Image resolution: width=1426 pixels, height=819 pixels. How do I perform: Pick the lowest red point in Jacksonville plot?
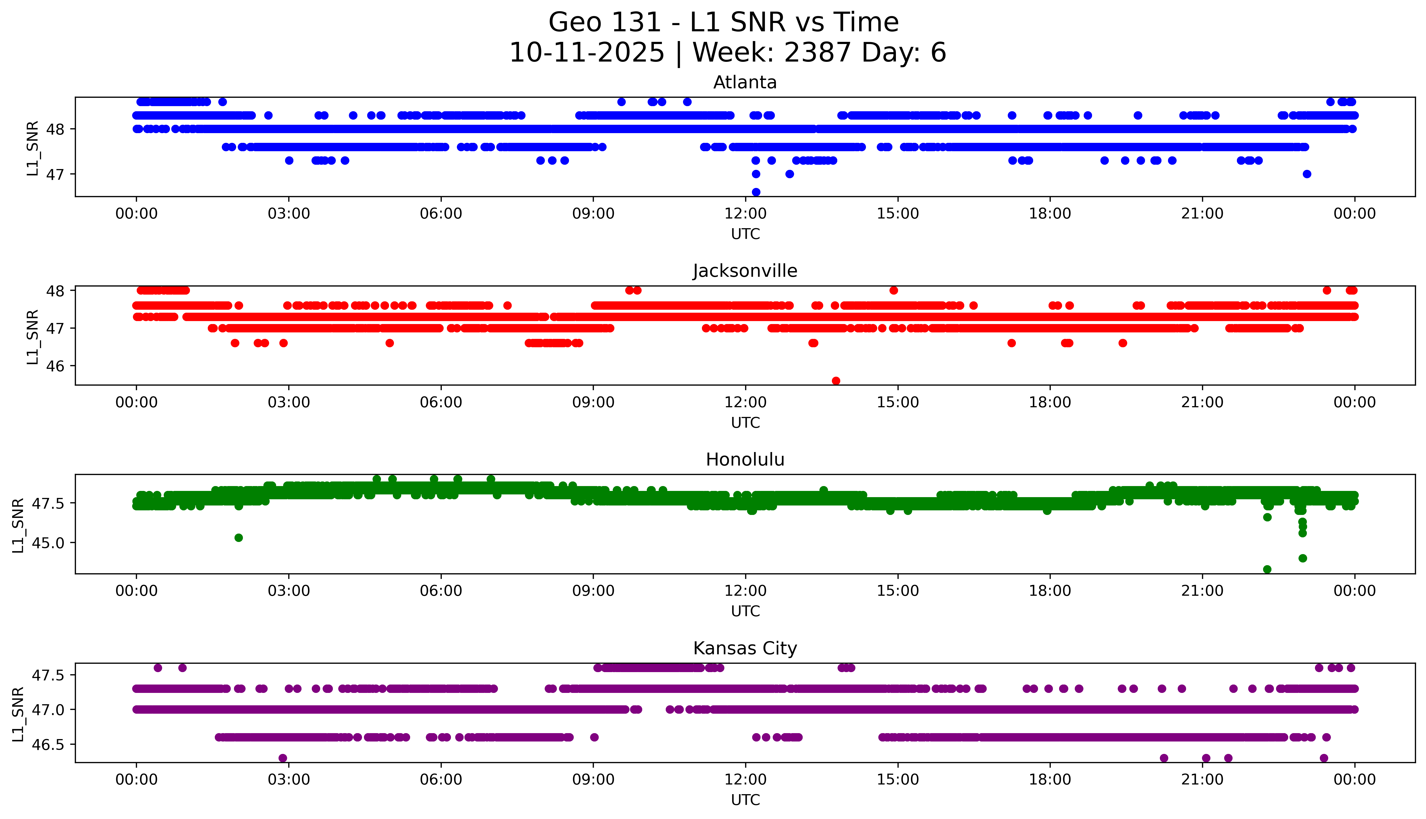[x=836, y=381]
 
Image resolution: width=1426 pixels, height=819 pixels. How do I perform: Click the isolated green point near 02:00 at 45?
[x=239, y=538]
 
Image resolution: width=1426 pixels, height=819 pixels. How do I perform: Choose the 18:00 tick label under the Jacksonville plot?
[x=1050, y=402]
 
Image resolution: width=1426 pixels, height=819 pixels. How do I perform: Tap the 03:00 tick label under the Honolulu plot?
[x=289, y=591]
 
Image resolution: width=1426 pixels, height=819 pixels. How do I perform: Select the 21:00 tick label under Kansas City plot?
[x=1202, y=780]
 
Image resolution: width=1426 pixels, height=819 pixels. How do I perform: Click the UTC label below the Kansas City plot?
[x=745, y=799]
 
